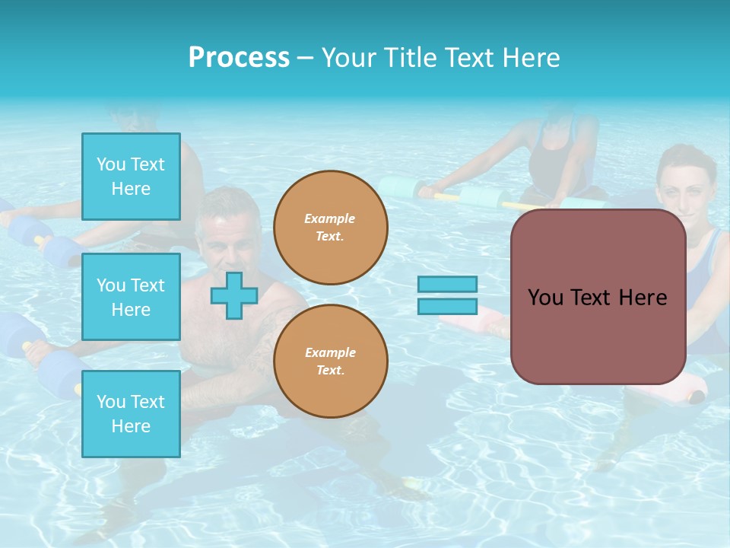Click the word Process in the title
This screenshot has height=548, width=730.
point(239,58)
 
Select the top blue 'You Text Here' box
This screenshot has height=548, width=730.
point(131,177)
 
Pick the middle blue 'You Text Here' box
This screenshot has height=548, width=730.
point(131,297)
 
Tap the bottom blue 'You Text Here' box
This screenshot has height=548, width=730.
point(131,413)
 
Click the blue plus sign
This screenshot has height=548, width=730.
point(233,295)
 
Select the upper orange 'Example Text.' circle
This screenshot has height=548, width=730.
point(330,227)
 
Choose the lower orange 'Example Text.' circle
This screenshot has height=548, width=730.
point(330,361)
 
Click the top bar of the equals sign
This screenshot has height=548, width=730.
point(447,284)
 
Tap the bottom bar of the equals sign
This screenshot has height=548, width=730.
point(447,306)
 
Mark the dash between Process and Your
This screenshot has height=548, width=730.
point(306,58)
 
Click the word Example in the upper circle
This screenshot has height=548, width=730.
point(329,218)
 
